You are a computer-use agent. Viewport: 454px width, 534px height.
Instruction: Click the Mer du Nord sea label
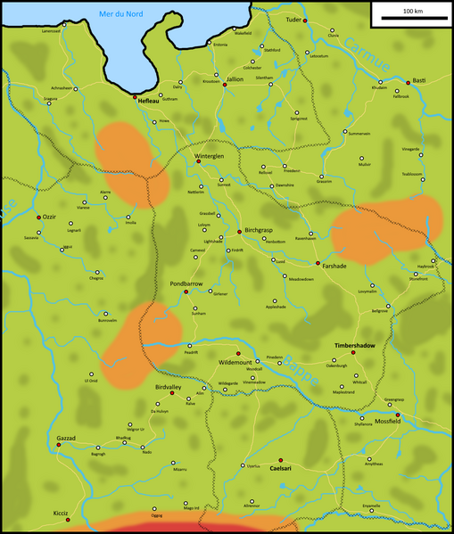coord(121,13)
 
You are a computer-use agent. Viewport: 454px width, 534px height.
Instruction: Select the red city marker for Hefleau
coord(135,96)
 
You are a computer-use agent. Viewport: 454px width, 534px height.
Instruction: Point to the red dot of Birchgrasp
coord(239,232)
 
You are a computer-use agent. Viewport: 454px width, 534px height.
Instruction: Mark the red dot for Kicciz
coord(68,519)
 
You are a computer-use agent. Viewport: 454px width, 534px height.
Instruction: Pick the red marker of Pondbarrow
coord(186,292)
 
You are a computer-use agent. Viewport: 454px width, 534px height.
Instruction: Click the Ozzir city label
coord(49,217)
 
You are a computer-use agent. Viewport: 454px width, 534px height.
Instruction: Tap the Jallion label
coord(235,78)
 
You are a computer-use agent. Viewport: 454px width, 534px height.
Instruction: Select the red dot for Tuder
coord(304,21)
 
